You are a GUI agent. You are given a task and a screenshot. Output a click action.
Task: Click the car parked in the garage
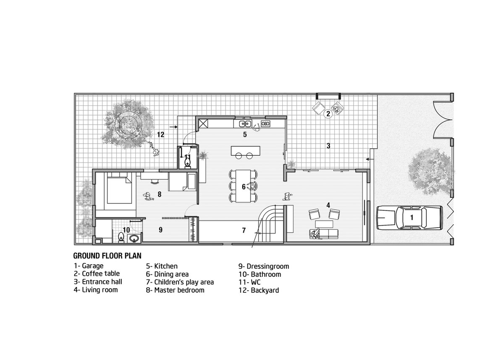[409, 218]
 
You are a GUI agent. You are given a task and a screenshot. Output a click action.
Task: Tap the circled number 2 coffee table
[328, 113]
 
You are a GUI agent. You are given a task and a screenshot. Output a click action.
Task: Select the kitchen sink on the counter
[245, 124]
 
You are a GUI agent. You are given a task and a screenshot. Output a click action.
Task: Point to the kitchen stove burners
[265, 124]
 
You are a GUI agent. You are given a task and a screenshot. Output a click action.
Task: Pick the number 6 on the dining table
[244, 187]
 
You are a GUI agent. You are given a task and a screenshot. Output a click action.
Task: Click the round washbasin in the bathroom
[134, 238]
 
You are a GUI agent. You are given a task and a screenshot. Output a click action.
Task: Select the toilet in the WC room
[187, 162]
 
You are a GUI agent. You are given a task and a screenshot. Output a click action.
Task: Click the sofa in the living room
[324, 234]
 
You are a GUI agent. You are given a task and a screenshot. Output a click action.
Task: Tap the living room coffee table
[324, 224]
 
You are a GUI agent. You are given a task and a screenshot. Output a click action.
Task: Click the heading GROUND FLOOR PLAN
[108, 256]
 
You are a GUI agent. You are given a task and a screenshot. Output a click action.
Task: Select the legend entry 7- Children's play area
[180, 282]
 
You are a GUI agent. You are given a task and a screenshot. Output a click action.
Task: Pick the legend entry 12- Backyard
[259, 290]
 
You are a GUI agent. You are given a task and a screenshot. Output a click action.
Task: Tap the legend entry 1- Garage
[89, 266]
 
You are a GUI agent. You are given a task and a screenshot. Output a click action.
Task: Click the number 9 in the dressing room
[160, 229]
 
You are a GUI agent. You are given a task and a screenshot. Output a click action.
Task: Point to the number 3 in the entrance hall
[328, 146]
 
